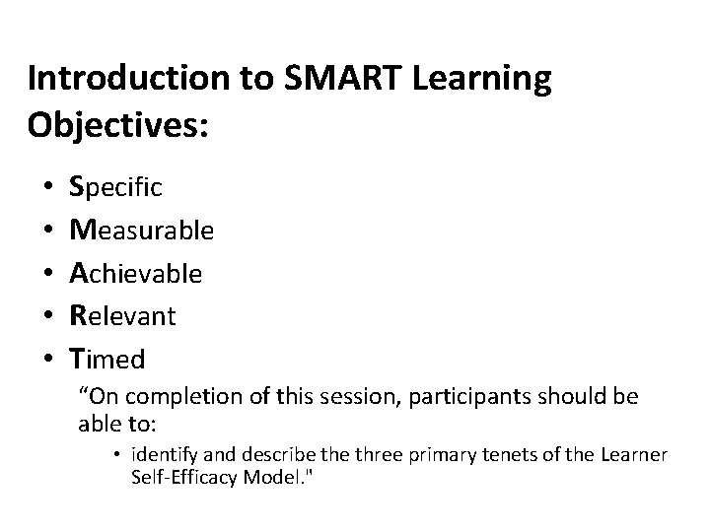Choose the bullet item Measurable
click(141, 230)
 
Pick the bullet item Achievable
click(136, 273)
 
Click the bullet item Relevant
click(122, 316)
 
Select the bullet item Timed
click(108, 360)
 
